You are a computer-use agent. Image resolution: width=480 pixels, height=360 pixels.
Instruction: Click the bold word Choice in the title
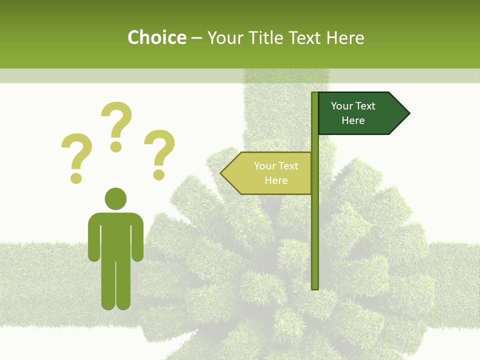[x=156, y=37]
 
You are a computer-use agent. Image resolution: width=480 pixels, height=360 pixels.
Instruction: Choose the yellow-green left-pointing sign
[x=267, y=173]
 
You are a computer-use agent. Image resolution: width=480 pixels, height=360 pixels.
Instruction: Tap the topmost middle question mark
[x=116, y=125]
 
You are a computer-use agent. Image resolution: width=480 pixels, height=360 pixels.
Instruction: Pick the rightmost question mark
[x=159, y=152]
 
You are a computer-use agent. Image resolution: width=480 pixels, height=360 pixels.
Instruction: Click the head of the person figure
[x=115, y=198]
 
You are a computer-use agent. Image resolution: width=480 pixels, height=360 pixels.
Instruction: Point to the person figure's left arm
[x=93, y=240]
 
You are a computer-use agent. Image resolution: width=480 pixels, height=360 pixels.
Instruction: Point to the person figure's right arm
[x=137, y=240]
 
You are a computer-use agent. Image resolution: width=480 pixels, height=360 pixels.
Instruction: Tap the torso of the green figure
[x=115, y=235]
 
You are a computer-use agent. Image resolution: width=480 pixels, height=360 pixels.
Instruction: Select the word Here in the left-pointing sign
[x=276, y=180]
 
